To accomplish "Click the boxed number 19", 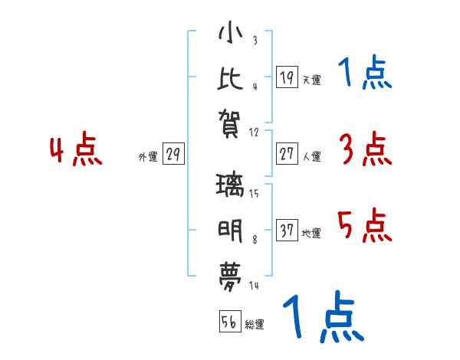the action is click(287, 77).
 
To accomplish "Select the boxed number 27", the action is click(287, 154).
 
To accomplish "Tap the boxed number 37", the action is click(287, 231).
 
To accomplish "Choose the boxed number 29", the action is click(172, 154).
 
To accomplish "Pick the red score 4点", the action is click(76, 150).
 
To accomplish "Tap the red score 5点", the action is click(365, 226).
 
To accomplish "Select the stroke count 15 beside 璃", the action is click(254, 194).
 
